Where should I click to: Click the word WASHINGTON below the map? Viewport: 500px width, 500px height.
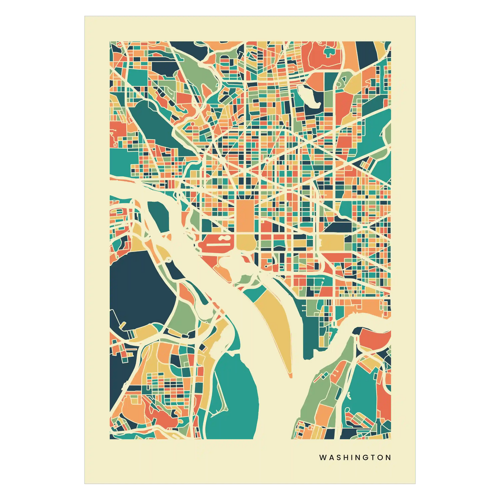(355, 457)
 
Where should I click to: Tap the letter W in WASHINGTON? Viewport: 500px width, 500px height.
(322, 457)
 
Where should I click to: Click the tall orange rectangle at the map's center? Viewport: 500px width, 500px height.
(245, 216)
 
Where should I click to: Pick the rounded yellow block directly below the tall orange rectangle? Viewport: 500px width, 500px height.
(245, 242)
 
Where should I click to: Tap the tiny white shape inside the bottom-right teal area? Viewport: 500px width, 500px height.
(349, 394)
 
